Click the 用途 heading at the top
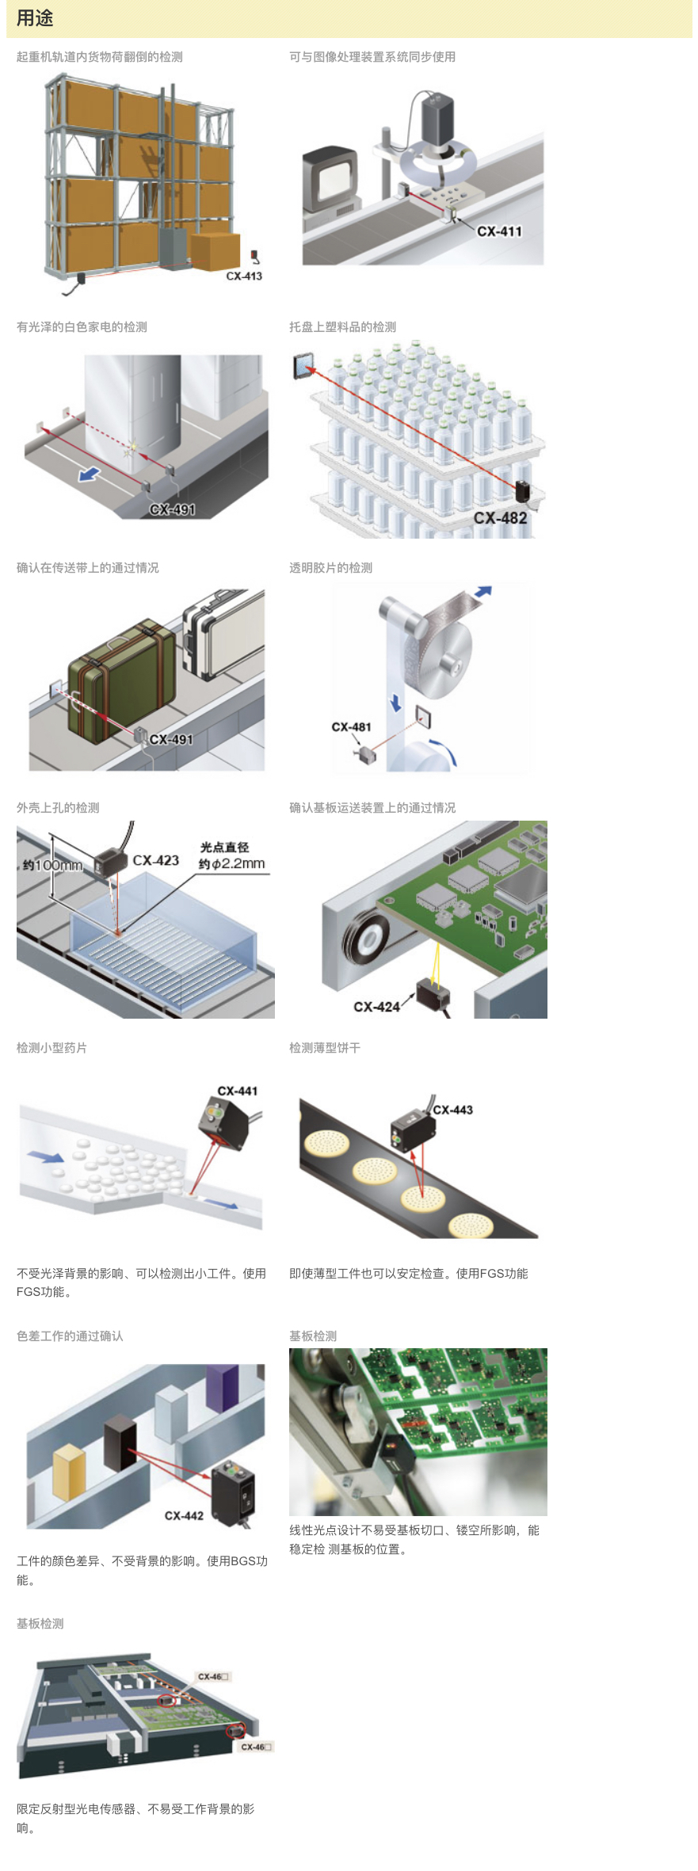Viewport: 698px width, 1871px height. coord(35,18)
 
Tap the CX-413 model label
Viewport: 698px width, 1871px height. coord(244,276)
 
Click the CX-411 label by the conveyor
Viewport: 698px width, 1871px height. coord(499,231)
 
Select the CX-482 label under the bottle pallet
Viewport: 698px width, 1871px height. coord(500,518)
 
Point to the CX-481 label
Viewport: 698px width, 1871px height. coord(351,727)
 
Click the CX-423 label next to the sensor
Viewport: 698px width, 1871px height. coord(156,860)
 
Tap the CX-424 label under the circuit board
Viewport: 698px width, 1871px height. coord(376,1007)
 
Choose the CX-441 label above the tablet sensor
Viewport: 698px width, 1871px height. coord(238,1091)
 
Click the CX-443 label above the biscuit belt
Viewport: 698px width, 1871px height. coord(453,1110)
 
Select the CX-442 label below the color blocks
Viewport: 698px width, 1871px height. coord(184,1515)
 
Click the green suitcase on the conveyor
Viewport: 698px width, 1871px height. coord(121,682)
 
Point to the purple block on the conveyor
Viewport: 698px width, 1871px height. coord(222,1387)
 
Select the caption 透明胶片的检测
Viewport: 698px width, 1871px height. coord(330,568)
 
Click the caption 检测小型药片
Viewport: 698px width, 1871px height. coord(51,1048)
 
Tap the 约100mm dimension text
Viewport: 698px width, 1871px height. coord(52,865)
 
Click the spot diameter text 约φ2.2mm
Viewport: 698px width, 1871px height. coord(231,863)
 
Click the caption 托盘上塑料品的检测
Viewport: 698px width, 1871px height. coord(342,327)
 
